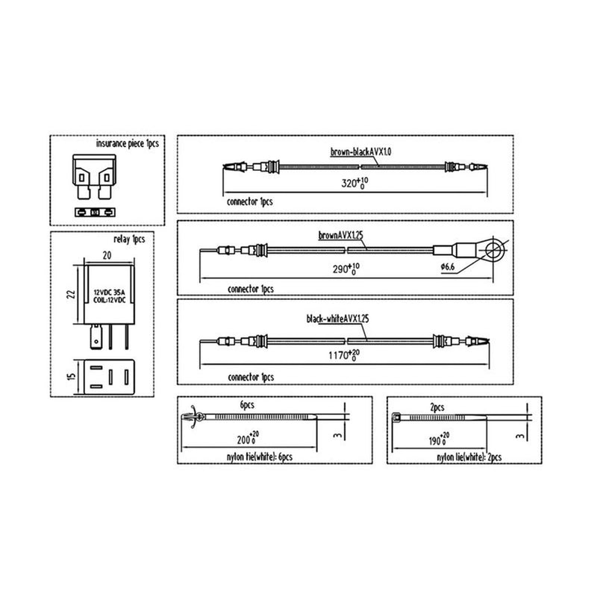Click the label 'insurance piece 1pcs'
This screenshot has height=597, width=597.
click(127, 143)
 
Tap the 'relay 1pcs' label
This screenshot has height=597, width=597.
click(129, 239)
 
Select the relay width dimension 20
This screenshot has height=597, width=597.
click(107, 255)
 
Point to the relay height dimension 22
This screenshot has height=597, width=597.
click(71, 294)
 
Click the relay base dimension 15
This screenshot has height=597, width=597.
click(71, 377)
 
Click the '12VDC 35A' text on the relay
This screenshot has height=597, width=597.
click(109, 293)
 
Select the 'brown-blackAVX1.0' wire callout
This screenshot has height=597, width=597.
click(360, 152)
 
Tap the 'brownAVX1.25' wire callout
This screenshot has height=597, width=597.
click(341, 235)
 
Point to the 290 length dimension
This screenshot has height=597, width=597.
click(346, 269)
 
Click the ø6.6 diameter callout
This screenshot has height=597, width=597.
click(448, 266)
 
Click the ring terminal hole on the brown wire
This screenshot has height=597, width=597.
click(495, 250)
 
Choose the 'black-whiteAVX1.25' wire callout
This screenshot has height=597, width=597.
click(338, 319)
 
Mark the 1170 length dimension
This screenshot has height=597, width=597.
click(344, 355)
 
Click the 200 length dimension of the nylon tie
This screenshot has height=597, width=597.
click(248, 440)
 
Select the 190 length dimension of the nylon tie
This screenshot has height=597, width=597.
click(439, 440)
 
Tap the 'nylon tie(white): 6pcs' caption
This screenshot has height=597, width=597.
click(259, 457)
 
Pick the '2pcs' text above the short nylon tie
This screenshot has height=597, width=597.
click(437, 407)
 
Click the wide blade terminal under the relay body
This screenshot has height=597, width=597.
click(96, 337)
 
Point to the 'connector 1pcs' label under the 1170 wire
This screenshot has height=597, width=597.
click(251, 377)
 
